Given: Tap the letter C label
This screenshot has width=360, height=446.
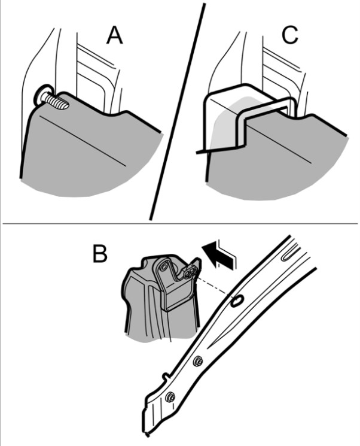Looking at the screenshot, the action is pyautogui.click(x=290, y=35).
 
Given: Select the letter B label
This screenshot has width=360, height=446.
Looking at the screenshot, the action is pyautogui.click(x=100, y=253).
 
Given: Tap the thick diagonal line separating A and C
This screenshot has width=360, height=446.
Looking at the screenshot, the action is pyautogui.click(x=176, y=111).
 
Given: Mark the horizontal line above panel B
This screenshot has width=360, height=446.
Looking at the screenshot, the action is pyautogui.click(x=180, y=223).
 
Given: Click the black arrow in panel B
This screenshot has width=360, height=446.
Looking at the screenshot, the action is pyautogui.click(x=219, y=254).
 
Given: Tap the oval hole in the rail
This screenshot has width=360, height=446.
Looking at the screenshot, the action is pyautogui.click(x=237, y=301).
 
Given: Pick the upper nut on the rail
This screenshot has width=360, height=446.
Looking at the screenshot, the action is pyautogui.click(x=198, y=362).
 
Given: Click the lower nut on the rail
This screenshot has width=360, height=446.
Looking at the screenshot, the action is pyautogui.click(x=170, y=397).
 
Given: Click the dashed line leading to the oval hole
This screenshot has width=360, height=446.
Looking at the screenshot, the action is pyautogui.click(x=213, y=287).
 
